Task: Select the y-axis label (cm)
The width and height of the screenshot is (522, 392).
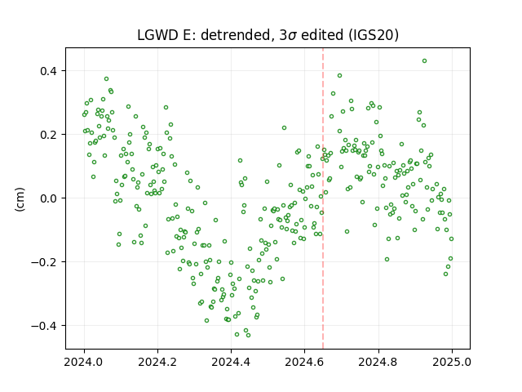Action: click(20, 198)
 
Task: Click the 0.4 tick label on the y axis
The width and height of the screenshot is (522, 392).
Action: click(49, 71)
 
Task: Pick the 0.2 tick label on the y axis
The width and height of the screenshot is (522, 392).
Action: click(49, 135)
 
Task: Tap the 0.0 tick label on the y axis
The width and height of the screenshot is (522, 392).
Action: click(49, 198)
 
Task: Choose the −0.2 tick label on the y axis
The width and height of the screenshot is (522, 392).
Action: click(44, 262)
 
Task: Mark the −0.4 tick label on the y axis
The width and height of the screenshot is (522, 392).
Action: click(44, 326)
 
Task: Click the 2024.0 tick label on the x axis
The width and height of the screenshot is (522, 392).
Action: click(84, 362)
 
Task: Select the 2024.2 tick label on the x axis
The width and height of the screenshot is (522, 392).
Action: click(157, 362)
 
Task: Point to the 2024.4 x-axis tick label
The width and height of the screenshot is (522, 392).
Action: click(231, 362)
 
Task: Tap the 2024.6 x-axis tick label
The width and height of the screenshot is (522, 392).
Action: click(304, 362)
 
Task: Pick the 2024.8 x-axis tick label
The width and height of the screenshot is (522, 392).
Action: click(378, 362)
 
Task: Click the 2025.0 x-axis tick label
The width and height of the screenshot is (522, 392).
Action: click(452, 362)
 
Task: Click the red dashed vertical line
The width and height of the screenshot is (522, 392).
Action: click(323, 198)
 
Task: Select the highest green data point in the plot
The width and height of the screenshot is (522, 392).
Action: click(424, 61)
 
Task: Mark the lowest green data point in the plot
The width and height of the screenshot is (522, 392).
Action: click(248, 336)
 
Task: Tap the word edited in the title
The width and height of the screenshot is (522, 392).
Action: click(322, 35)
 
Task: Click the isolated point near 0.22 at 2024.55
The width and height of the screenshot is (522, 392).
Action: click(285, 128)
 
